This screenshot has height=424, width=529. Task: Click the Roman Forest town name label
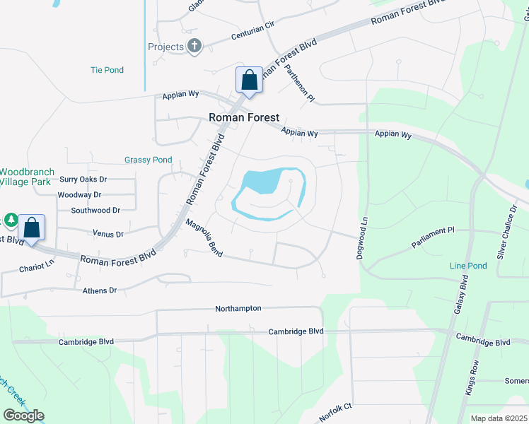[243, 118]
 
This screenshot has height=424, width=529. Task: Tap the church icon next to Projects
[194, 47]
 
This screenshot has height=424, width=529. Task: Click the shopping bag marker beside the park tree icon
[31, 228]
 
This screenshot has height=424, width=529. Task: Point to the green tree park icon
[11, 220]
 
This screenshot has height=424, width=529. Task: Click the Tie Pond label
[107, 70]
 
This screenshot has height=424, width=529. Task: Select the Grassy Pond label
[149, 160]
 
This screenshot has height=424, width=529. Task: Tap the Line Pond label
[468, 266]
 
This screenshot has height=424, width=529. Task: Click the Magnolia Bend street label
[204, 237]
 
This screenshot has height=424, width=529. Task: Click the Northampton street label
[238, 309]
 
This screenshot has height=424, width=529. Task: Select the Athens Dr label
[99, 290]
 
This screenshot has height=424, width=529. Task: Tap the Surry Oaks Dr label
[83, 179]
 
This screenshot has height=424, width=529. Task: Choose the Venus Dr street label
[107, 233]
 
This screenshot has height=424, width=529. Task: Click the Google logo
[23, 416]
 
